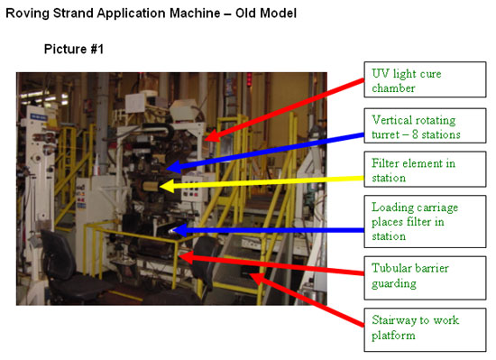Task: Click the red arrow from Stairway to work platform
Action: [x=307, y=300]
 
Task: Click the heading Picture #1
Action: [x=74, y=49]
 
